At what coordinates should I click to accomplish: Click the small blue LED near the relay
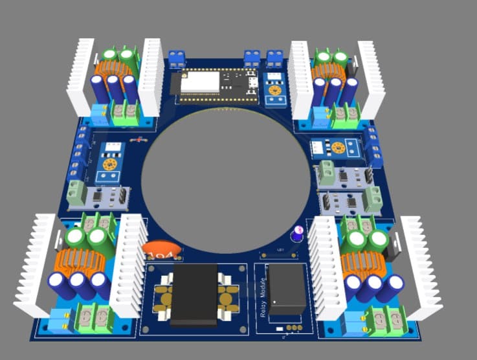pyautogui.click(x=298, y=232)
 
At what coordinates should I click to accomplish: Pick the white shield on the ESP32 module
pyautogui.click(x=199, y=83)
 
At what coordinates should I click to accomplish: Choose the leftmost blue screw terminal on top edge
pyautogui.click(x=176, y=59)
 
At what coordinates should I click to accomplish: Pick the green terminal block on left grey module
pyautogui.click(x=78, y=192)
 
